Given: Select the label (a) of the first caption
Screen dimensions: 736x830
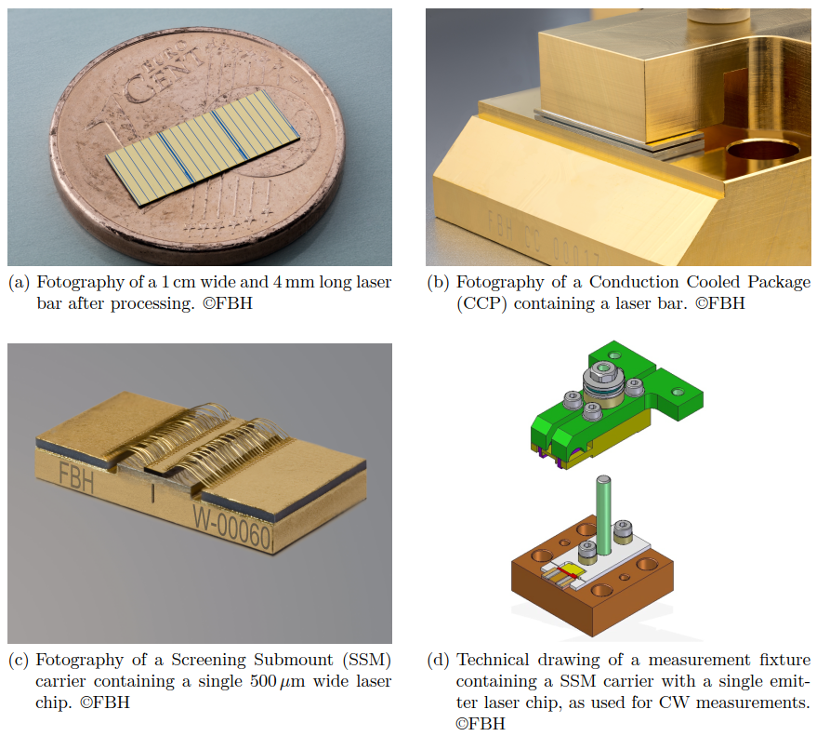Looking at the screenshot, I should click(19, 283).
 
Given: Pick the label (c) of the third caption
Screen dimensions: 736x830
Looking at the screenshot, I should click(19, 661).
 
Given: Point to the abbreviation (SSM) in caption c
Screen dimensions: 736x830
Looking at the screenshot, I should click(362, 661).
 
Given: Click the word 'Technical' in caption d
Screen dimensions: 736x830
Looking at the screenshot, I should click(490, 661).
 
